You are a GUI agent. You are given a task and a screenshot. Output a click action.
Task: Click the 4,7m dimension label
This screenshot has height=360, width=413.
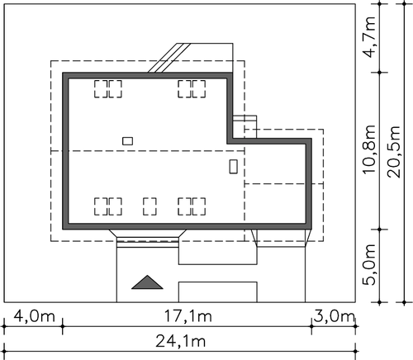[x=369, y=37]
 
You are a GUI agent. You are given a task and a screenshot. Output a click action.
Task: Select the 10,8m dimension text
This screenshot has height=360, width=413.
[x=369, y=149]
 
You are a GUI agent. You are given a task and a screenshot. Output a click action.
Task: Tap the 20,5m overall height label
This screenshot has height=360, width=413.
[x=394, y=152]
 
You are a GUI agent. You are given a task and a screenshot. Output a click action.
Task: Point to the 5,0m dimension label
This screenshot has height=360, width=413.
[x=369, y=264]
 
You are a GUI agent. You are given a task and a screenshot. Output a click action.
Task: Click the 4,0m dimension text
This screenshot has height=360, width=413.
[x=35, y=316]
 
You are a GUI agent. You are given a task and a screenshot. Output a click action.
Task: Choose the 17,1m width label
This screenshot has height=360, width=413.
[x=188, y=316]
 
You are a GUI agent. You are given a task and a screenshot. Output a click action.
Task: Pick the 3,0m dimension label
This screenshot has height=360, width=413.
[x=334, y=316]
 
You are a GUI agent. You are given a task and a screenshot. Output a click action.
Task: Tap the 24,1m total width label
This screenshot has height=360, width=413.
[x=181, y=342]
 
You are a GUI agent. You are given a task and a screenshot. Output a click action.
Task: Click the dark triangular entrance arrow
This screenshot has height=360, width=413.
[x=147, y=282]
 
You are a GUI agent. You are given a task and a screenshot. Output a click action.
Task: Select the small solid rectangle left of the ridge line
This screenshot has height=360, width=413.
[x=128, y=141]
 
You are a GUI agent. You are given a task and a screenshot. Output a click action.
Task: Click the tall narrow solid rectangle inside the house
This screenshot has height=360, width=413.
[x=234, y=166]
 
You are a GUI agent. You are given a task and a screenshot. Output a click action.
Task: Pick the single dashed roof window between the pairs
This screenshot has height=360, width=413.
[x=150, y=206]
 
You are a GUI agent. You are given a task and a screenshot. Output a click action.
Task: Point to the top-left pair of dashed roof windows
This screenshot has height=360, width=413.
[x=108, y=89]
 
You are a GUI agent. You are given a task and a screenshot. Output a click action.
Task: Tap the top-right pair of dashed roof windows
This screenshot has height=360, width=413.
[x=192, y=89]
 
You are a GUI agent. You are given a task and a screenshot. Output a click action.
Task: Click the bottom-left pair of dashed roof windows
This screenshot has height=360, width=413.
[x=108, y=206]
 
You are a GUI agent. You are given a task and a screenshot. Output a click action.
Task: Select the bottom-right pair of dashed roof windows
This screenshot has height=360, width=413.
[x=192, y=206]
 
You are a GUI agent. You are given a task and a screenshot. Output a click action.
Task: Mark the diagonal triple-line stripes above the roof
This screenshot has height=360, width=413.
[x=169, y=58]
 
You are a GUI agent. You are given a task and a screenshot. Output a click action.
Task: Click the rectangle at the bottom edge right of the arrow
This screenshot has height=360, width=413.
[x=218, y=291]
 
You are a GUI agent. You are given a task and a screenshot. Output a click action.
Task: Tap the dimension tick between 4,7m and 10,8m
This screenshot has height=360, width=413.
[x=379, y=73]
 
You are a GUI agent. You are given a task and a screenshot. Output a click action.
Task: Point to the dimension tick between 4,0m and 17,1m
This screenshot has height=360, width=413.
[x=63, y=326]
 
